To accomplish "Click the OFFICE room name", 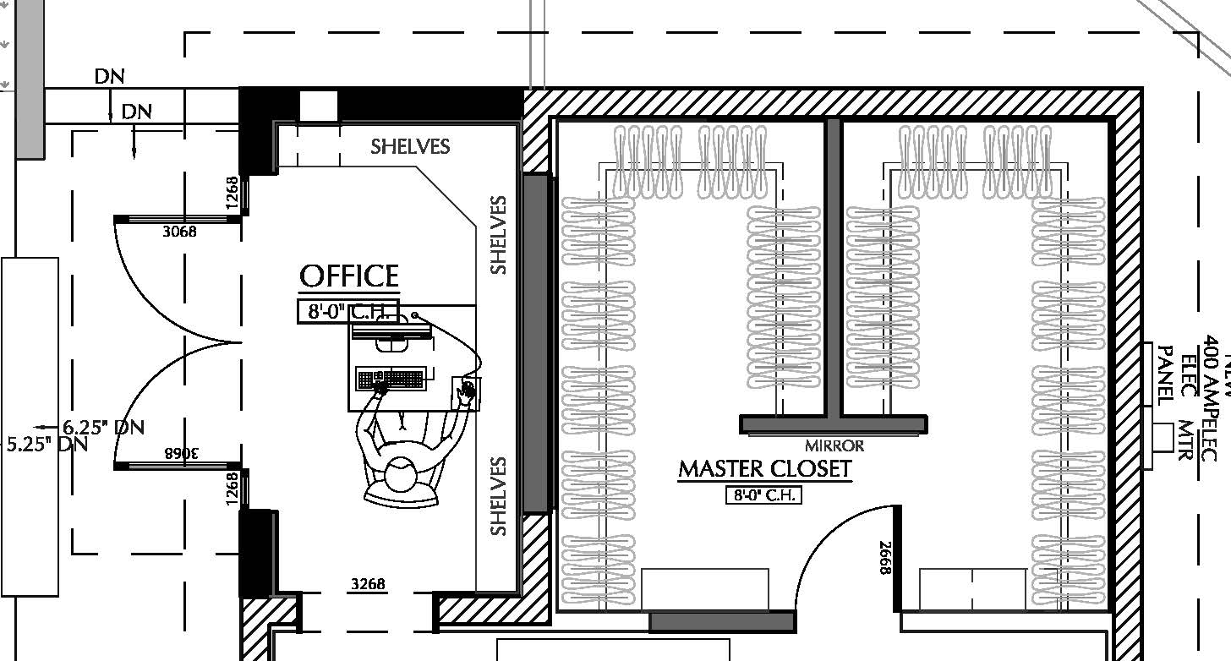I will tap(349, 276).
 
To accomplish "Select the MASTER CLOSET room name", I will tap(764, 469).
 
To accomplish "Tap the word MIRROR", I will tap(834, 445).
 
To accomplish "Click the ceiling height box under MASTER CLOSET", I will tap(763, 494).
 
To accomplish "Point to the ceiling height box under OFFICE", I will tap(347, 312).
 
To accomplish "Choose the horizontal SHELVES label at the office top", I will tap(410, 147).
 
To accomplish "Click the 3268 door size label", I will tap(368, 584).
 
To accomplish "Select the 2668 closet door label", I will tap(885, 558).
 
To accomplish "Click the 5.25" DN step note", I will tap(47, 444).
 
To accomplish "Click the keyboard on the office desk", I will tap(390, 380).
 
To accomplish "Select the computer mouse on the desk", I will tap(466, 391).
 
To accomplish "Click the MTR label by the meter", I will tap(1184, 440).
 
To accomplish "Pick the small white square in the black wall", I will tap(319, 106).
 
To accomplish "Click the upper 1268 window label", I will tap(233, 194).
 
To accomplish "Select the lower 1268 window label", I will tap(233, 489).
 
